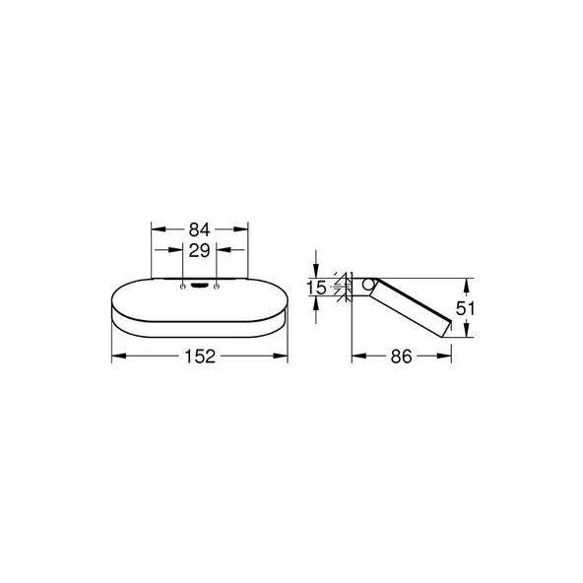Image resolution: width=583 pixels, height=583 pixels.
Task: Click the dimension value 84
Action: (199, 229)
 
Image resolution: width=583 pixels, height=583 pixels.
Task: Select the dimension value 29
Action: (199, 252)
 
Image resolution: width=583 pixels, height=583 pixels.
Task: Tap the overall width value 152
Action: (199, 357)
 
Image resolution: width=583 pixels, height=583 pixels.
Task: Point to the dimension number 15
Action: (315, 288)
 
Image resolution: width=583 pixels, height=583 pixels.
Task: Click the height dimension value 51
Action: (469, 307)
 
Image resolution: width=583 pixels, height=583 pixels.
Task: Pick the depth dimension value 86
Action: (401, 357)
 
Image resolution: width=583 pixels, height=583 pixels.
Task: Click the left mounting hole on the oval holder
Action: (183, 287)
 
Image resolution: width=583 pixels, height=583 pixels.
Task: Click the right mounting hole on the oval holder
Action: (216, 287)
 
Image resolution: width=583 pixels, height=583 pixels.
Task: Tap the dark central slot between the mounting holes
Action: (199, 287)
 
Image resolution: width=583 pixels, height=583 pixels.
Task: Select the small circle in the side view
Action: (367, 287)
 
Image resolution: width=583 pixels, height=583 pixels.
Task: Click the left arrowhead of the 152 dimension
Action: (116, 357)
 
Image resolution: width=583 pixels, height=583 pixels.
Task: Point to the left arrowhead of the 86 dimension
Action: (357, 357)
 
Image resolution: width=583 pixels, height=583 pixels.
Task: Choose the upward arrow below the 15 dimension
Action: (315, 304)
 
